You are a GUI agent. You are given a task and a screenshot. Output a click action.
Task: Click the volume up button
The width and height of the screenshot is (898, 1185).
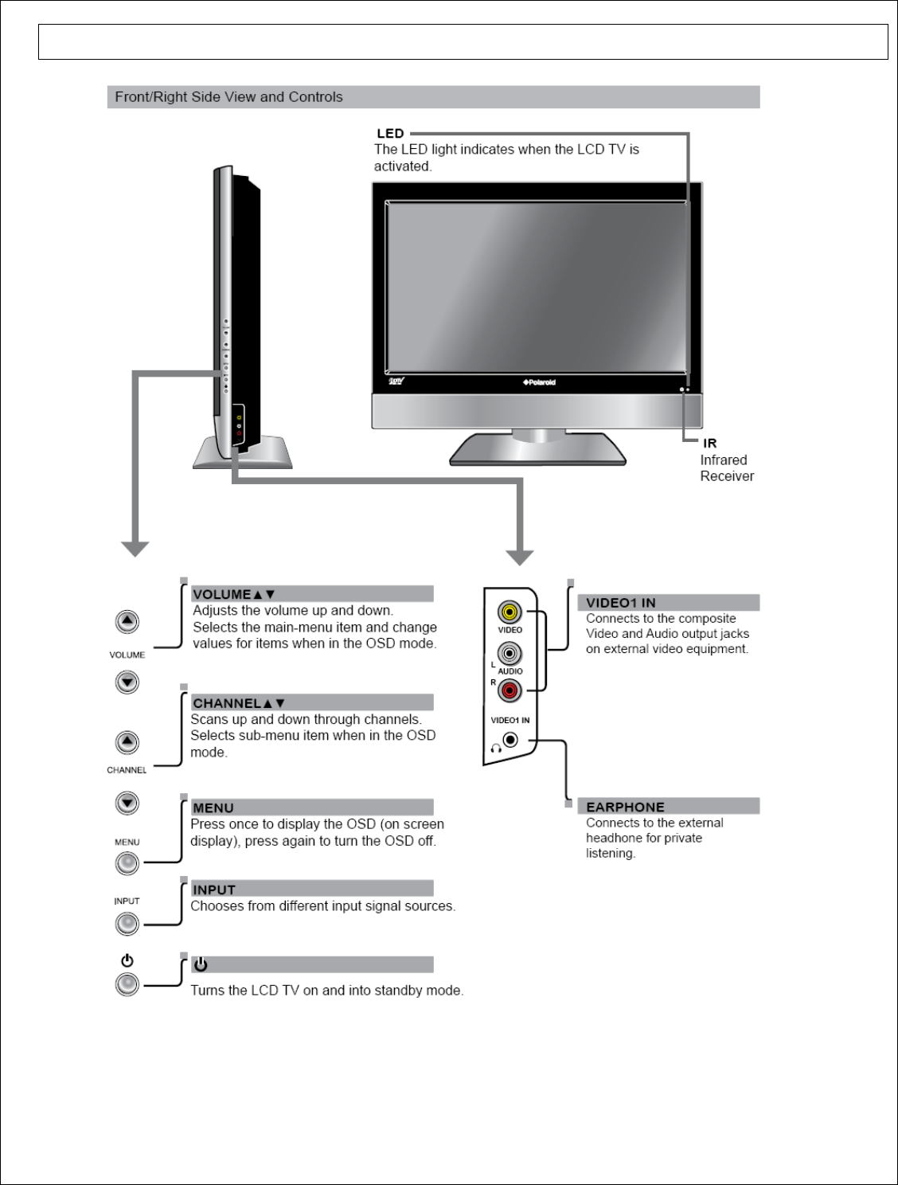click(127, 621)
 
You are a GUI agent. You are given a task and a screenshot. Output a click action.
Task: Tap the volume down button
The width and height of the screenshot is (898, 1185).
click(127, 682)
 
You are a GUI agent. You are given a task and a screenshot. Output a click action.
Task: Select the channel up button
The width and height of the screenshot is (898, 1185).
click(127, 742)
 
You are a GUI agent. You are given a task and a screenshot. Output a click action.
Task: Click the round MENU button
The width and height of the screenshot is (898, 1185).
click(127, 863)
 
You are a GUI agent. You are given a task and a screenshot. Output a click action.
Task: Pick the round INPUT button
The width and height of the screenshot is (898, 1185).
click(127, 924)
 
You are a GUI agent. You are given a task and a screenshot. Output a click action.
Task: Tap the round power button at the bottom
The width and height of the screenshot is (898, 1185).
click(127, 984)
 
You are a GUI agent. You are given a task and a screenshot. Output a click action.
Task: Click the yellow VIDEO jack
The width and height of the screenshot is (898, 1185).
click(510, 612)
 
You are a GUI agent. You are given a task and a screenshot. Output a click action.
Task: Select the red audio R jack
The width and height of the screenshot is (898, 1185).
click(510, 690)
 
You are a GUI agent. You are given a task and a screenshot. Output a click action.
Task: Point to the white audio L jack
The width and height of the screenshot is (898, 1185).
click(510, 654)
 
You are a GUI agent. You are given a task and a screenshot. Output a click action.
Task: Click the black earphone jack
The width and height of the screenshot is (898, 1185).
click(510, 741)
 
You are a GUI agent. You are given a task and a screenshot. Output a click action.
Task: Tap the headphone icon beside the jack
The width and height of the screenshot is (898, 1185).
click(495, 748)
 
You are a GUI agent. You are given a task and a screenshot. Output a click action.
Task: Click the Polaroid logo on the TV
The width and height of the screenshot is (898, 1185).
click(539, 382)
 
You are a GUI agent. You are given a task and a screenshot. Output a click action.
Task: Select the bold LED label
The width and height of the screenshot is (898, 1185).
click(390, 134)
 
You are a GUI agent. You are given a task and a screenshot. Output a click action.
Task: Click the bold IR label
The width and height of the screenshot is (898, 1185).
click(709, 443)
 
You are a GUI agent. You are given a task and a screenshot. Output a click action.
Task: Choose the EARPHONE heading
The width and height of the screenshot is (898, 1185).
click(625, 807)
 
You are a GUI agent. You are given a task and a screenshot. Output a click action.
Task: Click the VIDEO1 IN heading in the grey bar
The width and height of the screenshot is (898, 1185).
click(621, 603)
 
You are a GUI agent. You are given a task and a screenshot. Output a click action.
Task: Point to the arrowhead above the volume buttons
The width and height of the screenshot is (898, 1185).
click(135, 548)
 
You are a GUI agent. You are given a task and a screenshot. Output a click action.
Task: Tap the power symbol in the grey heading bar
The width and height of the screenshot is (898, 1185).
click(201, 965)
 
